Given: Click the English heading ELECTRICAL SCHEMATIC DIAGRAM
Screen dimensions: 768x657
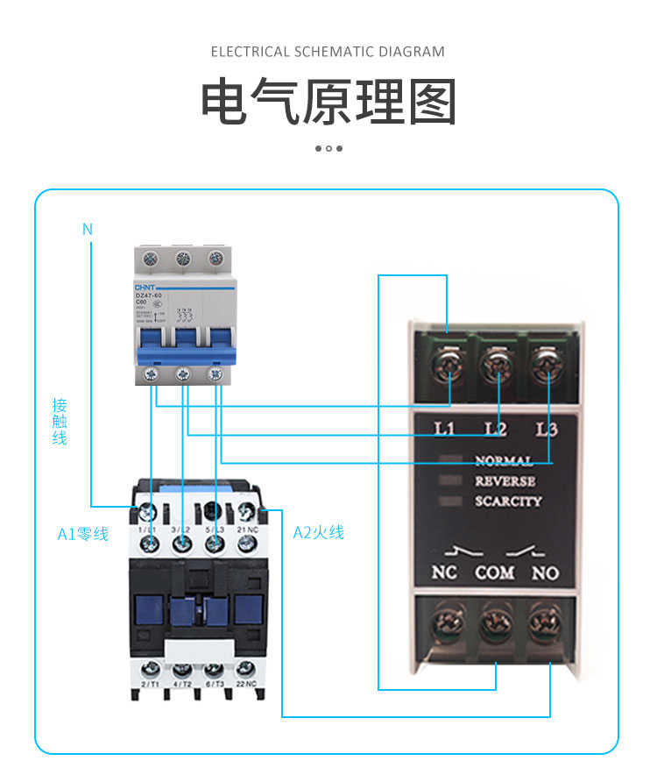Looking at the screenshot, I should [x=328, y=52].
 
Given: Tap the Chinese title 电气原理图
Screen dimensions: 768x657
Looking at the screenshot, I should [x=328, y=103].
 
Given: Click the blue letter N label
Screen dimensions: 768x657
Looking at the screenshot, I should [x=87, y=230].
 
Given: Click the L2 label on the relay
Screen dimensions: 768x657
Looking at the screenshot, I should [x=496, y=430].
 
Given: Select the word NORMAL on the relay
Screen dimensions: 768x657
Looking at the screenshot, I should [x=504, y=460].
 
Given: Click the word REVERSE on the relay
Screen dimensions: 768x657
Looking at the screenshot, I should [x=505, y=481].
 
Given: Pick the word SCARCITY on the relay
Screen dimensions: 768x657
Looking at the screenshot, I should [x=508, y=502].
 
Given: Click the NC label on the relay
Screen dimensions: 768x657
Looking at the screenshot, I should [x=445, y=573].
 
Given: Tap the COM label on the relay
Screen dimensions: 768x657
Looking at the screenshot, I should [x=495, y=573].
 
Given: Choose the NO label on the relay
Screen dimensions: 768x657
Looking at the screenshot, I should [x=545, y=573].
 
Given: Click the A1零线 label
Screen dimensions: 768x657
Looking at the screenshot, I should [x=83, y=533].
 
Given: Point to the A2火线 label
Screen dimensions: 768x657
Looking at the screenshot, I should [x=318, y=532].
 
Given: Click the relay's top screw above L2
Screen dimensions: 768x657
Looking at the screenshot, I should [x=497, y=360].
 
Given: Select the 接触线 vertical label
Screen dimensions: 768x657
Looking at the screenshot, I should [x=60, y=422].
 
